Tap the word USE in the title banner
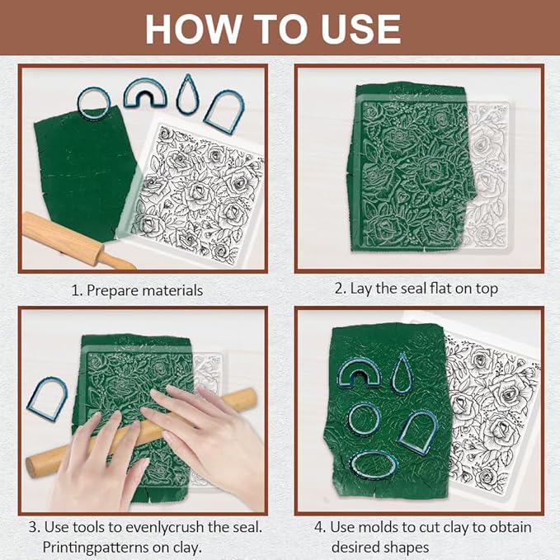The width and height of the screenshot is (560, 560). pos(360,30)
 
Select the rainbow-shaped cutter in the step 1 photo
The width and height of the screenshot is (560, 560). pos(144,87)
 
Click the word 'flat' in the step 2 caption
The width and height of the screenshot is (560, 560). pos(441,288)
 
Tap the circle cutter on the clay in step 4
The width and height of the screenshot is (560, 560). pos(350,420)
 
